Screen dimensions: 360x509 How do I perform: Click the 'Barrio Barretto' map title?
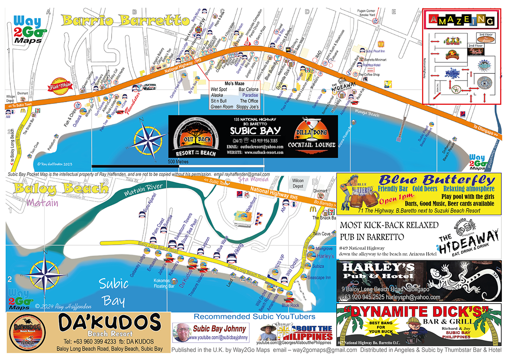[x=126, y=20]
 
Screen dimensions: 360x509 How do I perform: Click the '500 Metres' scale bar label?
[x=177, y=162]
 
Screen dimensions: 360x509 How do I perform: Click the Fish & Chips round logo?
[x=60, y=85]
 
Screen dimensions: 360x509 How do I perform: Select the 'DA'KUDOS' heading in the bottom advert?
[x=109, y=324]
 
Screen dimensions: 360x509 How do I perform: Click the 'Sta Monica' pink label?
[x=254, y=179]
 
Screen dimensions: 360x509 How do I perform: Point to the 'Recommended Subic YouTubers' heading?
[x=255, y=316]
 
